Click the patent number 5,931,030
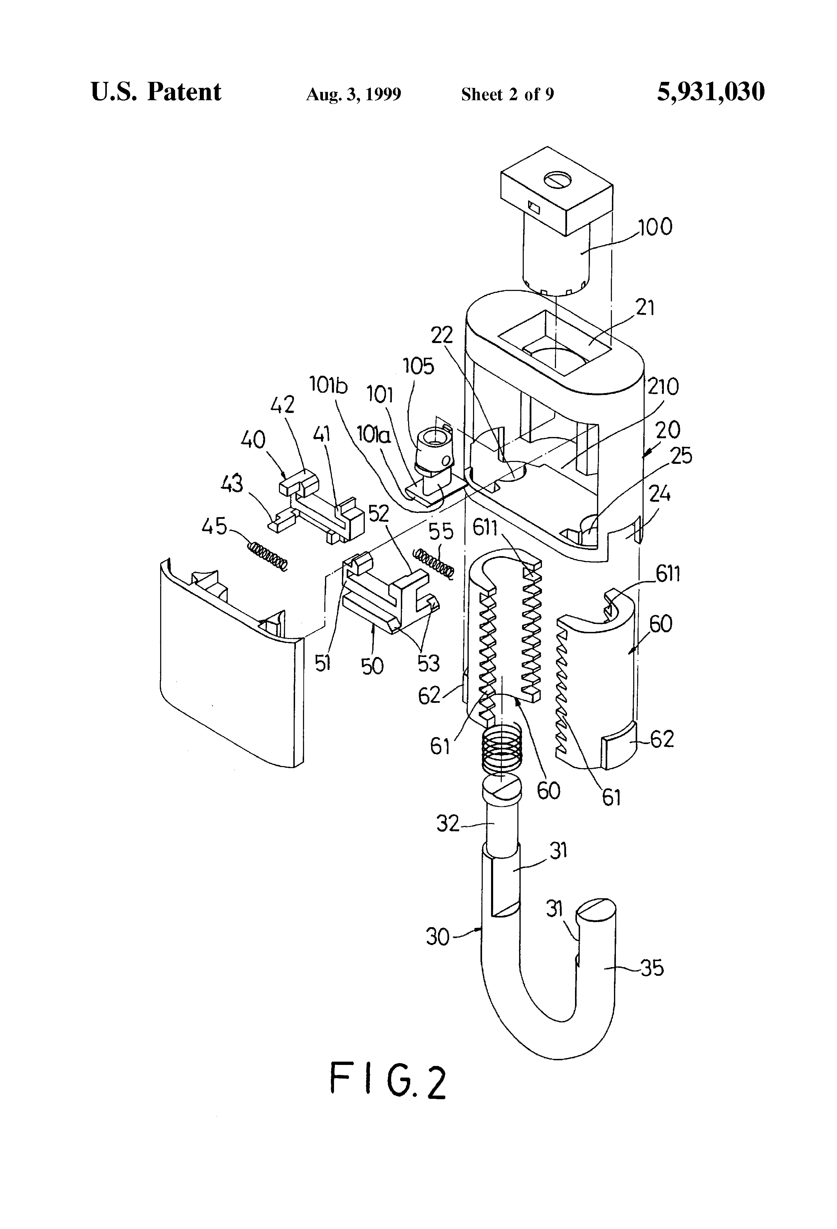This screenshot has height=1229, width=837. click(x=711, y=92)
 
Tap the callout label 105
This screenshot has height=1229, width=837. click(x=418, y=366)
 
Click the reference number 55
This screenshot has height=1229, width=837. click(x=441, y=532)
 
